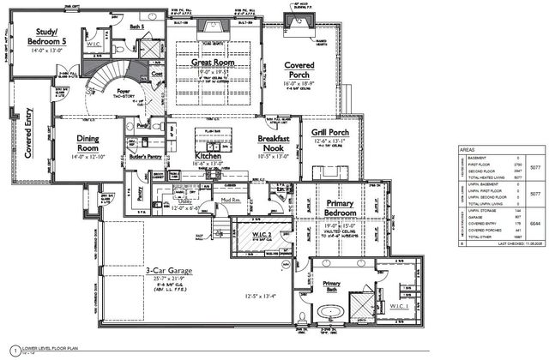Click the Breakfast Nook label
click(278, 142)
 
